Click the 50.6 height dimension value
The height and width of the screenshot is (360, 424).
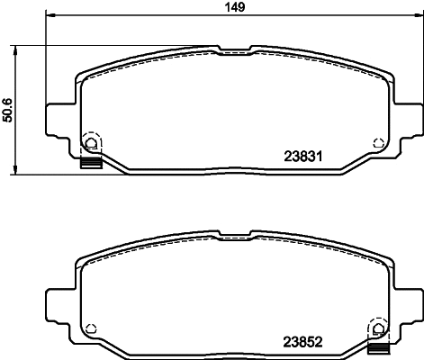[x=8, y=109]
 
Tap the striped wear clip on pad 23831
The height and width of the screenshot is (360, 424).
[x=90, y=164]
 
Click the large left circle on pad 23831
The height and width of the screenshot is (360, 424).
[x=90, y=142]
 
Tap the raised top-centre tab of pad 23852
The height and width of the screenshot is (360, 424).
[x=235, y=236]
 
